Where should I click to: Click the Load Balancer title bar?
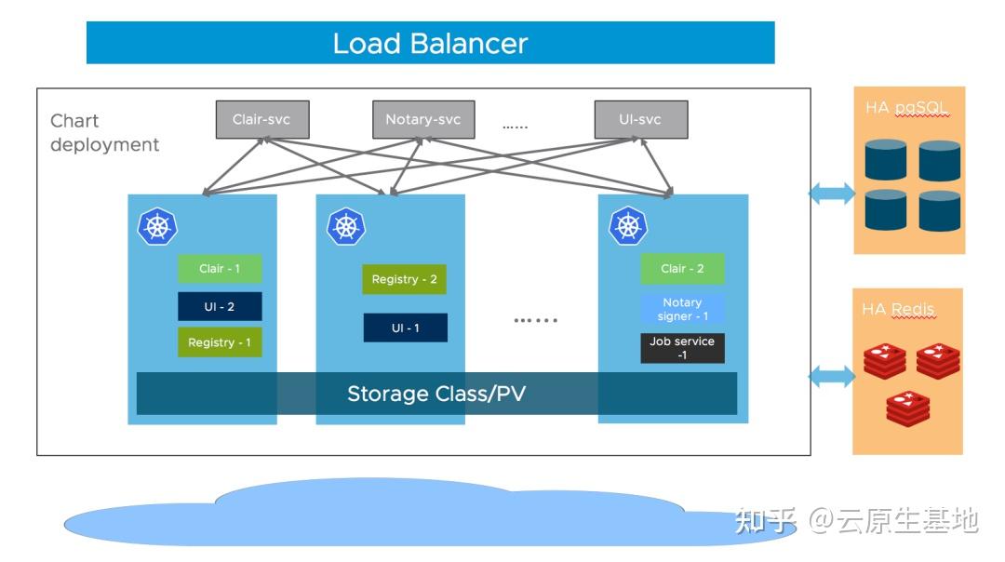click(x=430, y=43)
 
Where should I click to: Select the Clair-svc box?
click(x=262, y=120)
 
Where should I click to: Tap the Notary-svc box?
click(x=422, y=120)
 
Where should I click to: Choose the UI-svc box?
click(x=640, y=120)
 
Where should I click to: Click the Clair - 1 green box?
click(x=220, y=269)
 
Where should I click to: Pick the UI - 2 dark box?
click(x=220, y=306)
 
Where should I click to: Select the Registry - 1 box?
click(x=220, y=342)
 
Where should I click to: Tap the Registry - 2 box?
click(x=404, y=279)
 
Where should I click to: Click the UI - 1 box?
click(x=405, y=328)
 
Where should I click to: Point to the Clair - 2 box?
click(x=682, y=269)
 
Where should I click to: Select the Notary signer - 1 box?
click(x=682, y=309)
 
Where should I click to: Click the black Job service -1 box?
click(x=682, y=348)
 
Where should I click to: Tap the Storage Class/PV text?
click(x=436, y=394)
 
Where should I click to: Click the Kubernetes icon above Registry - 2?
click(x=346, y=226)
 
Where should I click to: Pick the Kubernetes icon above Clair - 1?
click(x=157, y=226)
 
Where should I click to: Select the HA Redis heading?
click(x=898, y=309)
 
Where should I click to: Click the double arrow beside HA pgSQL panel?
click(x=831, y=194)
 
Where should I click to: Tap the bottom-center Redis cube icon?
click(x=908, y=408)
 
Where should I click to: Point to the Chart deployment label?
click(x=104, y=133)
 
